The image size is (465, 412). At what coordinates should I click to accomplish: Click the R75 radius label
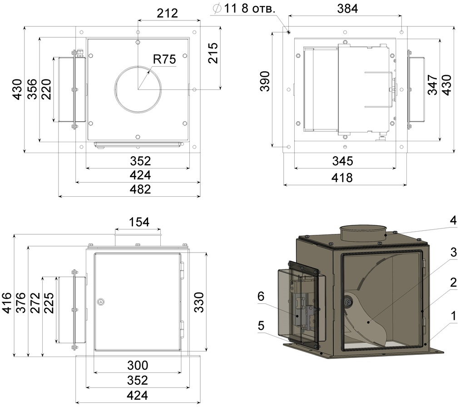164,59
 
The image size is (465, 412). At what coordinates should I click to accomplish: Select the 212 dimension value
167,13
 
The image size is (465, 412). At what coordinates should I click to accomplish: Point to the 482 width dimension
140,189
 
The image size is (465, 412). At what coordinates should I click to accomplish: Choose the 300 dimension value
137,365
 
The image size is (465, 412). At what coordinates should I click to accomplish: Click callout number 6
261,297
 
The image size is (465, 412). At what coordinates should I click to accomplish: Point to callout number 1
453,314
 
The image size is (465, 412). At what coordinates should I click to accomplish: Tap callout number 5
261,325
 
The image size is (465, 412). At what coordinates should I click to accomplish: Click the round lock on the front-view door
101,301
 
